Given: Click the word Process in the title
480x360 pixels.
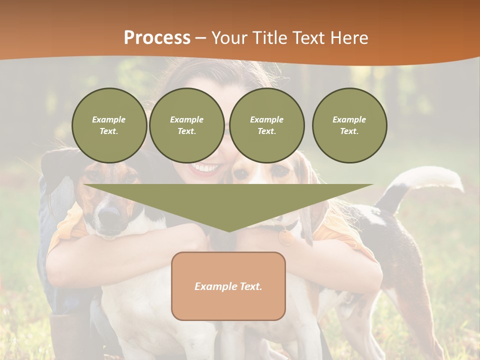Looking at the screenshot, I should pyautogui.click(x=157, y=38).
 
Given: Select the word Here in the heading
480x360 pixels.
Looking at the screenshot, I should pyautogui.click(x=350, y=38).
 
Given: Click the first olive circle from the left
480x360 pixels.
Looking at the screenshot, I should pyautogui.click(x=109, y=125).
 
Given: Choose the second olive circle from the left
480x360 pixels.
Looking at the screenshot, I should pyautogui.click(x=186, y=125).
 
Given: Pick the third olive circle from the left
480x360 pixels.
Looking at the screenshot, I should pyautogui.click(x=266, y=125).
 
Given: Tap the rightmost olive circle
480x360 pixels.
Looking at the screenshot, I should pyautogui.click(x=349, y=125).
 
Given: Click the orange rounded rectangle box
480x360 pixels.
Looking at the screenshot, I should pyautogui.click(x=228, y=286).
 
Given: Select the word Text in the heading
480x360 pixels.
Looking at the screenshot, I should pyautogui.click(x=310, y=38).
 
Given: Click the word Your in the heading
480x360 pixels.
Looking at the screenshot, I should pyautogui.click(x=229, y=38).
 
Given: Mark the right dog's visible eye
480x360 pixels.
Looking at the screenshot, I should pyautogui.click(x=281, y=171).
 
